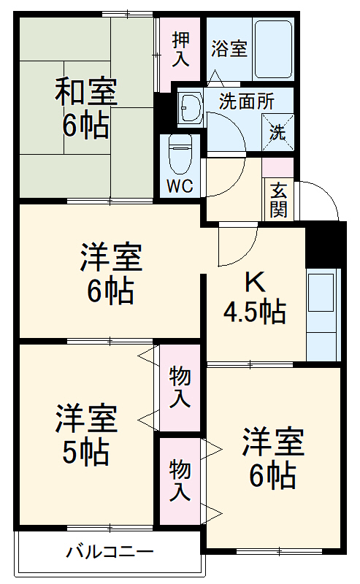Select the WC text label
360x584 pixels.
[180, 185]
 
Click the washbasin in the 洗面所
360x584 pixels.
[190, 107]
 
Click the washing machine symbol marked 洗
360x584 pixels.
[278, 132]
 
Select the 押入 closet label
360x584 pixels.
[180, 49]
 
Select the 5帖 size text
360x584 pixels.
[85, 453]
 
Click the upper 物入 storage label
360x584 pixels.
[180, 388]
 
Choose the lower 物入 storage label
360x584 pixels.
[180, 479]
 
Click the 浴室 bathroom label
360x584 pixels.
[229, 49]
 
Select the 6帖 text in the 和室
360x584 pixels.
[85, 126]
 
